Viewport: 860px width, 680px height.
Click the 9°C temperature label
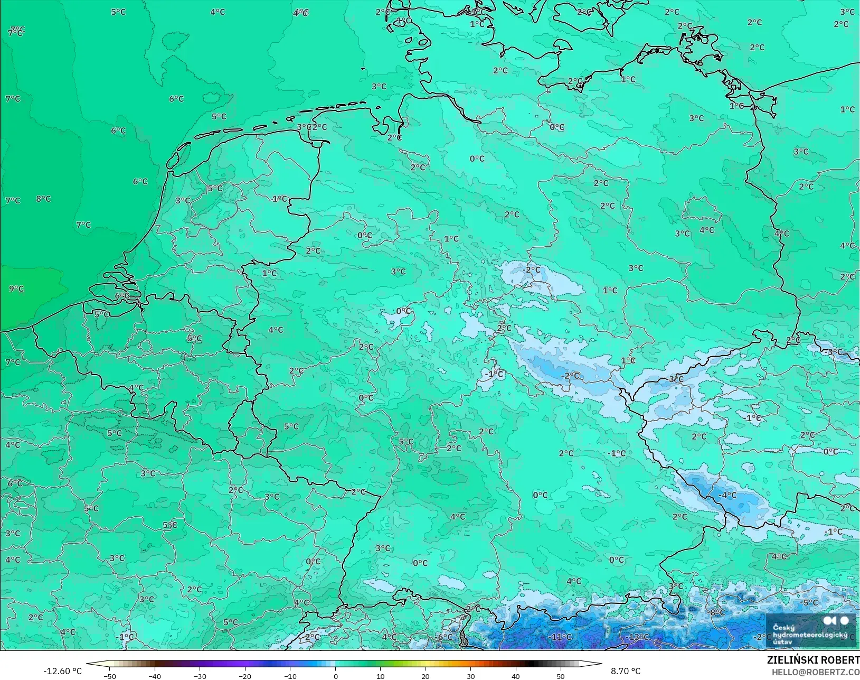[x=16, y=289]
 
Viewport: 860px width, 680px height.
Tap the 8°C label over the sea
[x=44, y=199]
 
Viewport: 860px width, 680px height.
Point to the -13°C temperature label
[x=638, y=637]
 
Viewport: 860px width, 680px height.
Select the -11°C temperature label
[x=561, y=637]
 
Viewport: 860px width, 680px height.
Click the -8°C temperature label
[x=717, y=612]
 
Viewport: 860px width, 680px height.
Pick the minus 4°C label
[x=727, y=495]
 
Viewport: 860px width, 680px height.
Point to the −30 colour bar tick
[x=200, y=676]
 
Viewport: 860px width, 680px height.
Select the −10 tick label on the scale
[x=290, y=676]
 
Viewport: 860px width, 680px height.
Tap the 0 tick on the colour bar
[x=336, y=676]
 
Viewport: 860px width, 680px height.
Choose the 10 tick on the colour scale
[x=381, y=676]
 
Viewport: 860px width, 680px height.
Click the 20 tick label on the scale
[x=426, y=676]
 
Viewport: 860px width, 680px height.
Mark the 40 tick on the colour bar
[x=516, y=676]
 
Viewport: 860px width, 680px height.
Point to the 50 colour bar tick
[x=561, y=676]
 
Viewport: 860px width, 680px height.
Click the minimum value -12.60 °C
[x=62, y=671]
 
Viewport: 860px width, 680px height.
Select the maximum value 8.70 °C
[x=626, y=671]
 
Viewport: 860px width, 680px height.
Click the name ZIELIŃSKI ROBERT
[x=813, y=660]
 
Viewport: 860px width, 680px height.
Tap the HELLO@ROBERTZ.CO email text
[x=816, y=672]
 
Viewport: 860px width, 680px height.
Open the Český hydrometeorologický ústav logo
[x=811, y=630]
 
